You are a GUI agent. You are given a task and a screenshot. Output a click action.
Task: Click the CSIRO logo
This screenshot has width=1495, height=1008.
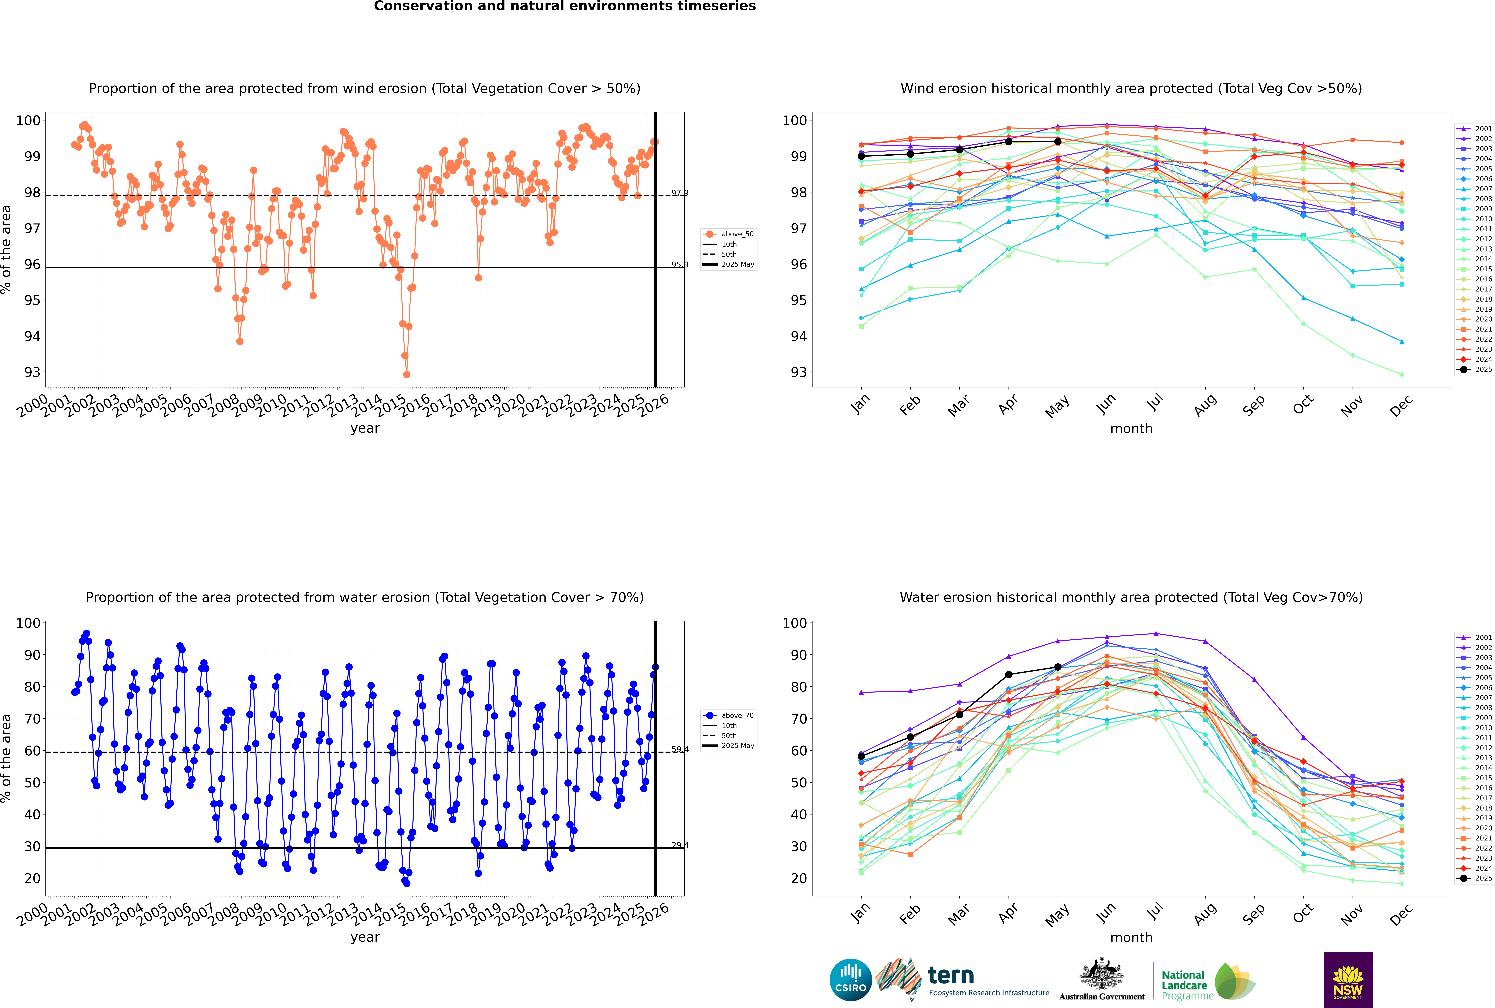click(850, 980)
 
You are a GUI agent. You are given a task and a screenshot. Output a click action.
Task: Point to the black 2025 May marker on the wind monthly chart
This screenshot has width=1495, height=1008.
click(1057, 141)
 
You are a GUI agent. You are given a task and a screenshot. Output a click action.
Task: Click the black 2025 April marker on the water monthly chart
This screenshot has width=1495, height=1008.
click(1009, 675)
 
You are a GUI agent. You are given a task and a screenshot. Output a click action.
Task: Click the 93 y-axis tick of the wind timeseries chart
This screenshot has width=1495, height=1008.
click(32, 372)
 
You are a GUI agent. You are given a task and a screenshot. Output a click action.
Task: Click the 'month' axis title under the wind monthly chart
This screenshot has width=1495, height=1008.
click(1131, 429)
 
